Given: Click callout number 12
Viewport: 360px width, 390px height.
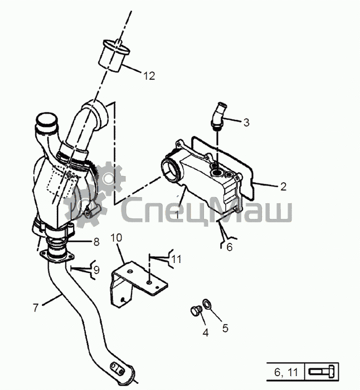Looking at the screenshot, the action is click(149, 76).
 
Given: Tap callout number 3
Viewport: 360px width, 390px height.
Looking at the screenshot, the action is click(246, 122).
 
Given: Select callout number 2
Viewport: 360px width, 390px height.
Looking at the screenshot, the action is click(283, 187).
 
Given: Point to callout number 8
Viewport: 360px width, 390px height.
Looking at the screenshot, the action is click(96, 242).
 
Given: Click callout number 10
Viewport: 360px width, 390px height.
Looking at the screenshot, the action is click(116, 238).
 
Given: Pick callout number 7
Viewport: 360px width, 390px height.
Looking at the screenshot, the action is click(36, 308).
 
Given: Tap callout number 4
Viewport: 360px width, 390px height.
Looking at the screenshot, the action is click(206, 333).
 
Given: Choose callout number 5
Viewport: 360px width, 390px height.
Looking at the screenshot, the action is click(225, 328).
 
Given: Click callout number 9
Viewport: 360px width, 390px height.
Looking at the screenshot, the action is click(97, 270).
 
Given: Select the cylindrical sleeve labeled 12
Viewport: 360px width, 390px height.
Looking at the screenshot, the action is click(114, 56).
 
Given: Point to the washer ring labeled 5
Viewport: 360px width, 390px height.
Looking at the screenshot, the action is click(207, 304).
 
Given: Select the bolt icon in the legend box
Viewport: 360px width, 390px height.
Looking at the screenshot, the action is click(323, 372).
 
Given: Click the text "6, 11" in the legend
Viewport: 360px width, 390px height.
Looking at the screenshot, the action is click(286, 372).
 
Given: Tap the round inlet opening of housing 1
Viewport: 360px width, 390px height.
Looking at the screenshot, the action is click(170, 169).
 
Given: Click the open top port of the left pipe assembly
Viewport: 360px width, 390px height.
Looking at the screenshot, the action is click(46, 121).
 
